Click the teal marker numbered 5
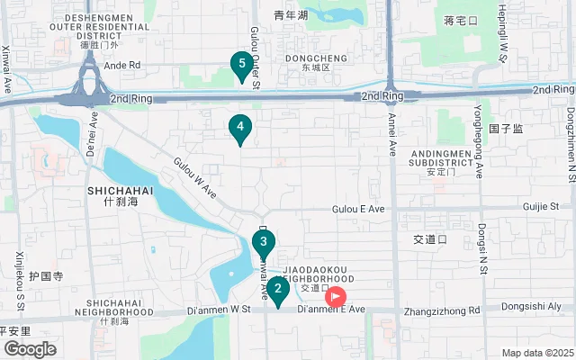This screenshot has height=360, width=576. (239, 65)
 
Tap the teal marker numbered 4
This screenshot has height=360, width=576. (239, 128)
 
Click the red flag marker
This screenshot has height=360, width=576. (336, 294)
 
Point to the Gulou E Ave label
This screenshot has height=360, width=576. (358, 209)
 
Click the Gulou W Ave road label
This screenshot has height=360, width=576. (195, 178)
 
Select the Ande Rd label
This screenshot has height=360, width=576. (122, 65)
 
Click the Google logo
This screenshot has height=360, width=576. (30, 349)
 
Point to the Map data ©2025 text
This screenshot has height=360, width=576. (537, 353)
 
